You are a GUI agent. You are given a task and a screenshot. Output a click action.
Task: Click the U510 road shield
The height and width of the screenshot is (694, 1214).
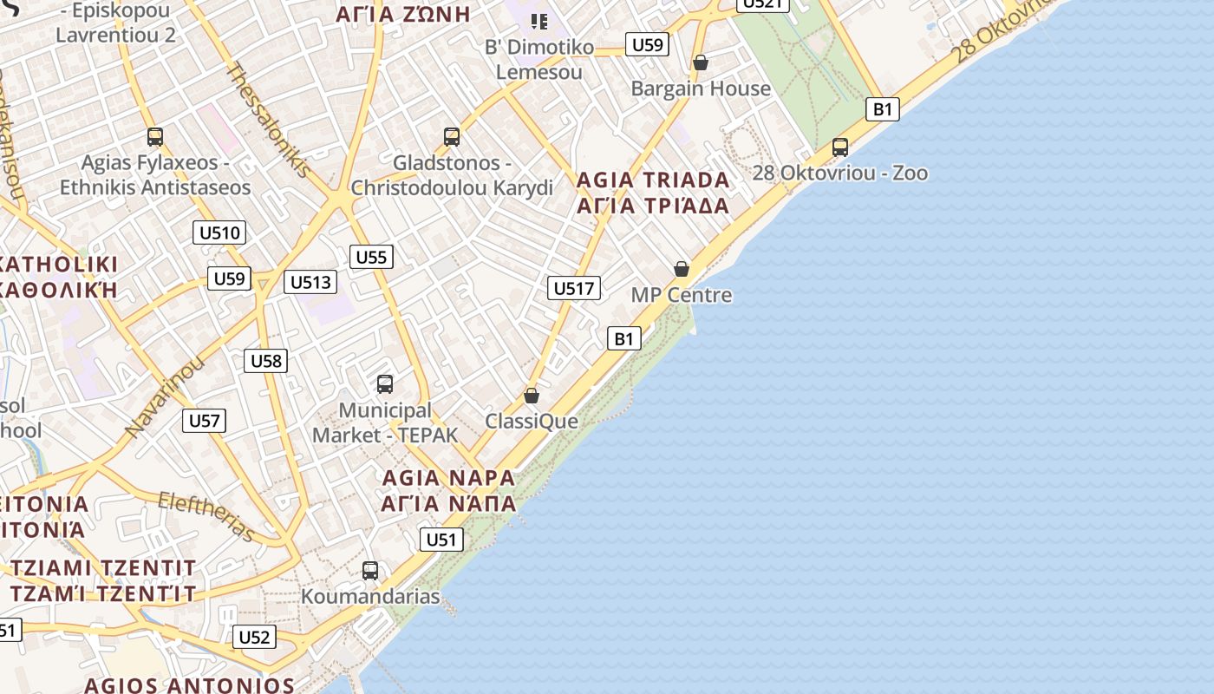(219, 232)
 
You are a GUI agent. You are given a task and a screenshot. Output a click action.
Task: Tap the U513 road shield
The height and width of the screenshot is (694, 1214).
(310, 281)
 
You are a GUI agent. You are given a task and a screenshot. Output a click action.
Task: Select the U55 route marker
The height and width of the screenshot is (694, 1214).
(371, 257)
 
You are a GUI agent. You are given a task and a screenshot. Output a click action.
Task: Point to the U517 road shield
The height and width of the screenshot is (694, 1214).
(574, 288)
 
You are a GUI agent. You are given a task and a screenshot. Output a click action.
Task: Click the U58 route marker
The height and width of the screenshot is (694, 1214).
(265, 361)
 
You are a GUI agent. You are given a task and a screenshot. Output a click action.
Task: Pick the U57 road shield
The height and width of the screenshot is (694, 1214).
(205, 421)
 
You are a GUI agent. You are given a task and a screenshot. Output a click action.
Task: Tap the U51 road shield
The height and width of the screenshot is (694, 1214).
(441, 540)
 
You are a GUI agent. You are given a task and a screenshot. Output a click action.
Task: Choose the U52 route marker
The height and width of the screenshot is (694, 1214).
(254, 637)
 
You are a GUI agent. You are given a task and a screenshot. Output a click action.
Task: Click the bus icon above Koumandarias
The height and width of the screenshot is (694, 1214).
(370, 571)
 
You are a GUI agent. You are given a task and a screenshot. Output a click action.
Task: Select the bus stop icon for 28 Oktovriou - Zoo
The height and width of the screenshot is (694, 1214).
(839, 147)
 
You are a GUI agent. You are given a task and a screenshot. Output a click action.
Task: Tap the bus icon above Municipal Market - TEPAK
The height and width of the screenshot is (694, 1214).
(385, 383)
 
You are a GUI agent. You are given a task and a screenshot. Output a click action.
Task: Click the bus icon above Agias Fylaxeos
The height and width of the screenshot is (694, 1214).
(155, 137)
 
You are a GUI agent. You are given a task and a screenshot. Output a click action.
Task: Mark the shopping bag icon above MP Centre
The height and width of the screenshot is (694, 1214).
(682, 269)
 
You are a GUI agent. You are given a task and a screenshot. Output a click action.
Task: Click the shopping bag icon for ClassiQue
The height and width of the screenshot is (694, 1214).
(532, 396)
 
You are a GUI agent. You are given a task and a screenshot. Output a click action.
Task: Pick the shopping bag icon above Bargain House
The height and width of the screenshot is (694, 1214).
(701, 62)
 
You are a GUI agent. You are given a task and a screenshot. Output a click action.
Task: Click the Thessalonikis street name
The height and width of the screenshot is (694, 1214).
(268, 120)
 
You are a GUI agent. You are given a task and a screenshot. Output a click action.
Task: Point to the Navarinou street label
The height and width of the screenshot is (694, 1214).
(164, 395)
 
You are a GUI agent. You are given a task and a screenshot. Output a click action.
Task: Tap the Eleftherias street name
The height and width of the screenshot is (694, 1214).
(206, 516)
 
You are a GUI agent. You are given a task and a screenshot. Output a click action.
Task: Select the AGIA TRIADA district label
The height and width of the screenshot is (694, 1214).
(653, 180)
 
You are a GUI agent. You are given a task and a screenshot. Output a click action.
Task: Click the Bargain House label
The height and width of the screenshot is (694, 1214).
(701, 88)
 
